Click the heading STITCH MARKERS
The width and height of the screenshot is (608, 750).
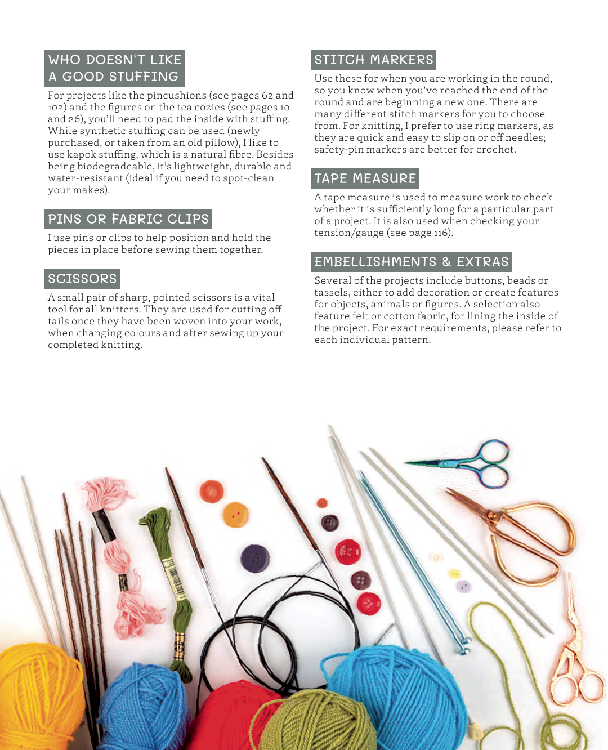(374, 60)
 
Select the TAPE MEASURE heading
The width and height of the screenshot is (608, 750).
(365, 178)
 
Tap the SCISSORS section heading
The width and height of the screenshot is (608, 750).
(82, 279)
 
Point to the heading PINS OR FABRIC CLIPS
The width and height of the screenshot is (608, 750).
(128, 219)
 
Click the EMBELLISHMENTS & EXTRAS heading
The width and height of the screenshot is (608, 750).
(411, 262)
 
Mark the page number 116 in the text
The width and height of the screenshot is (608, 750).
(441, 233)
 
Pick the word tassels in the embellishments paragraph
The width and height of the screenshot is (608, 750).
(331, 293)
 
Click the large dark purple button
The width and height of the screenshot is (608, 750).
(255, 559)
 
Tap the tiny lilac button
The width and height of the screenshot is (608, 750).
(463, 587)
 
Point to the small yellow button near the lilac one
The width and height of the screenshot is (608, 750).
(454, 574)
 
